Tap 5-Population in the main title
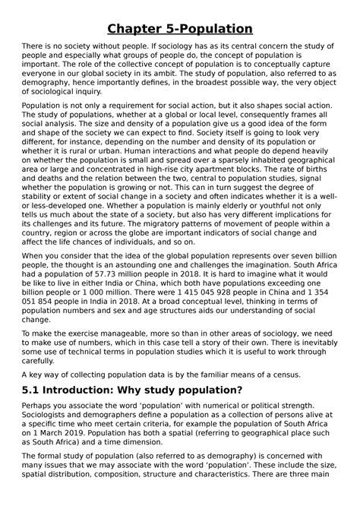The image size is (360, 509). [x=212, y=30]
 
